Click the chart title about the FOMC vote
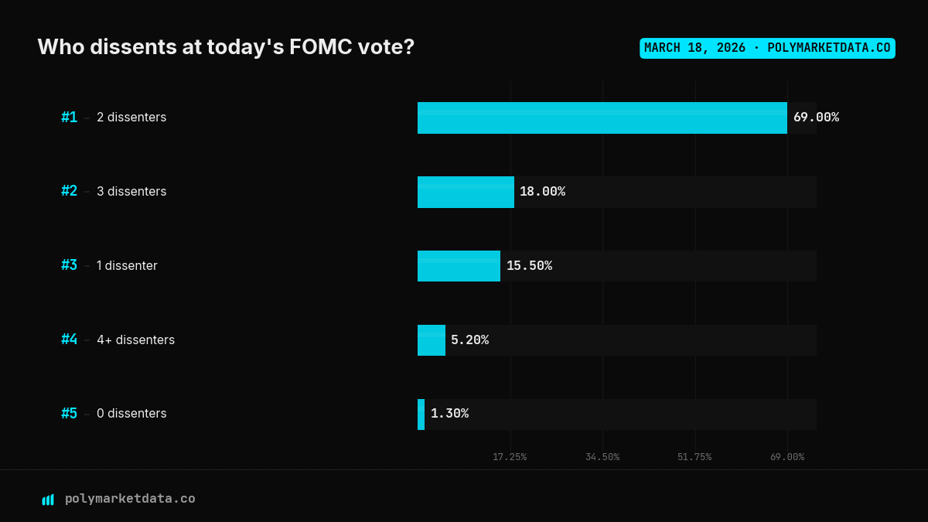(x=226, y=47)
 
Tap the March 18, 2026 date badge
(x=767, y=48)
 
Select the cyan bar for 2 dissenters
(x=602, y=118)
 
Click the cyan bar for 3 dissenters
(x=466, y=192)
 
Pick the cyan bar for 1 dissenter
(x=459, y=266)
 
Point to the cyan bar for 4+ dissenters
(x=432, y=340)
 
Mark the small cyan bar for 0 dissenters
(x=421, y=415)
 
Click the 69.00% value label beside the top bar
(x=816, y=118)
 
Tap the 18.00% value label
(x=542, y=192)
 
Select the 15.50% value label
(x=529, y=266)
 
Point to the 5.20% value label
(x=469, y=340)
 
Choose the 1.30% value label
(x=449, y=414)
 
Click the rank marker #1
(x=70, y=118)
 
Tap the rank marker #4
(x=70, y=339)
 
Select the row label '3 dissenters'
(x=131, y=191)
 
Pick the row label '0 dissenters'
(x=131, y=414)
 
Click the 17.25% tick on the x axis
(x=510, y=457)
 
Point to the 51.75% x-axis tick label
(x=694, y=457)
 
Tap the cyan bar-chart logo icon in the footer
(x=48, y=500)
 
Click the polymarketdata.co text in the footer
(x=130, y=499)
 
